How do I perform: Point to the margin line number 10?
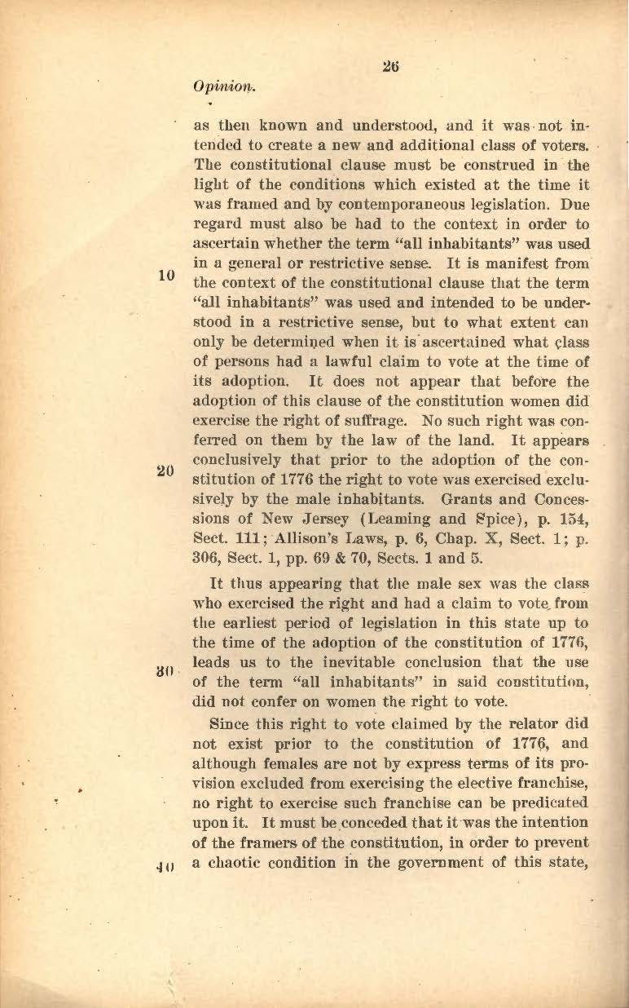point(168,275)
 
